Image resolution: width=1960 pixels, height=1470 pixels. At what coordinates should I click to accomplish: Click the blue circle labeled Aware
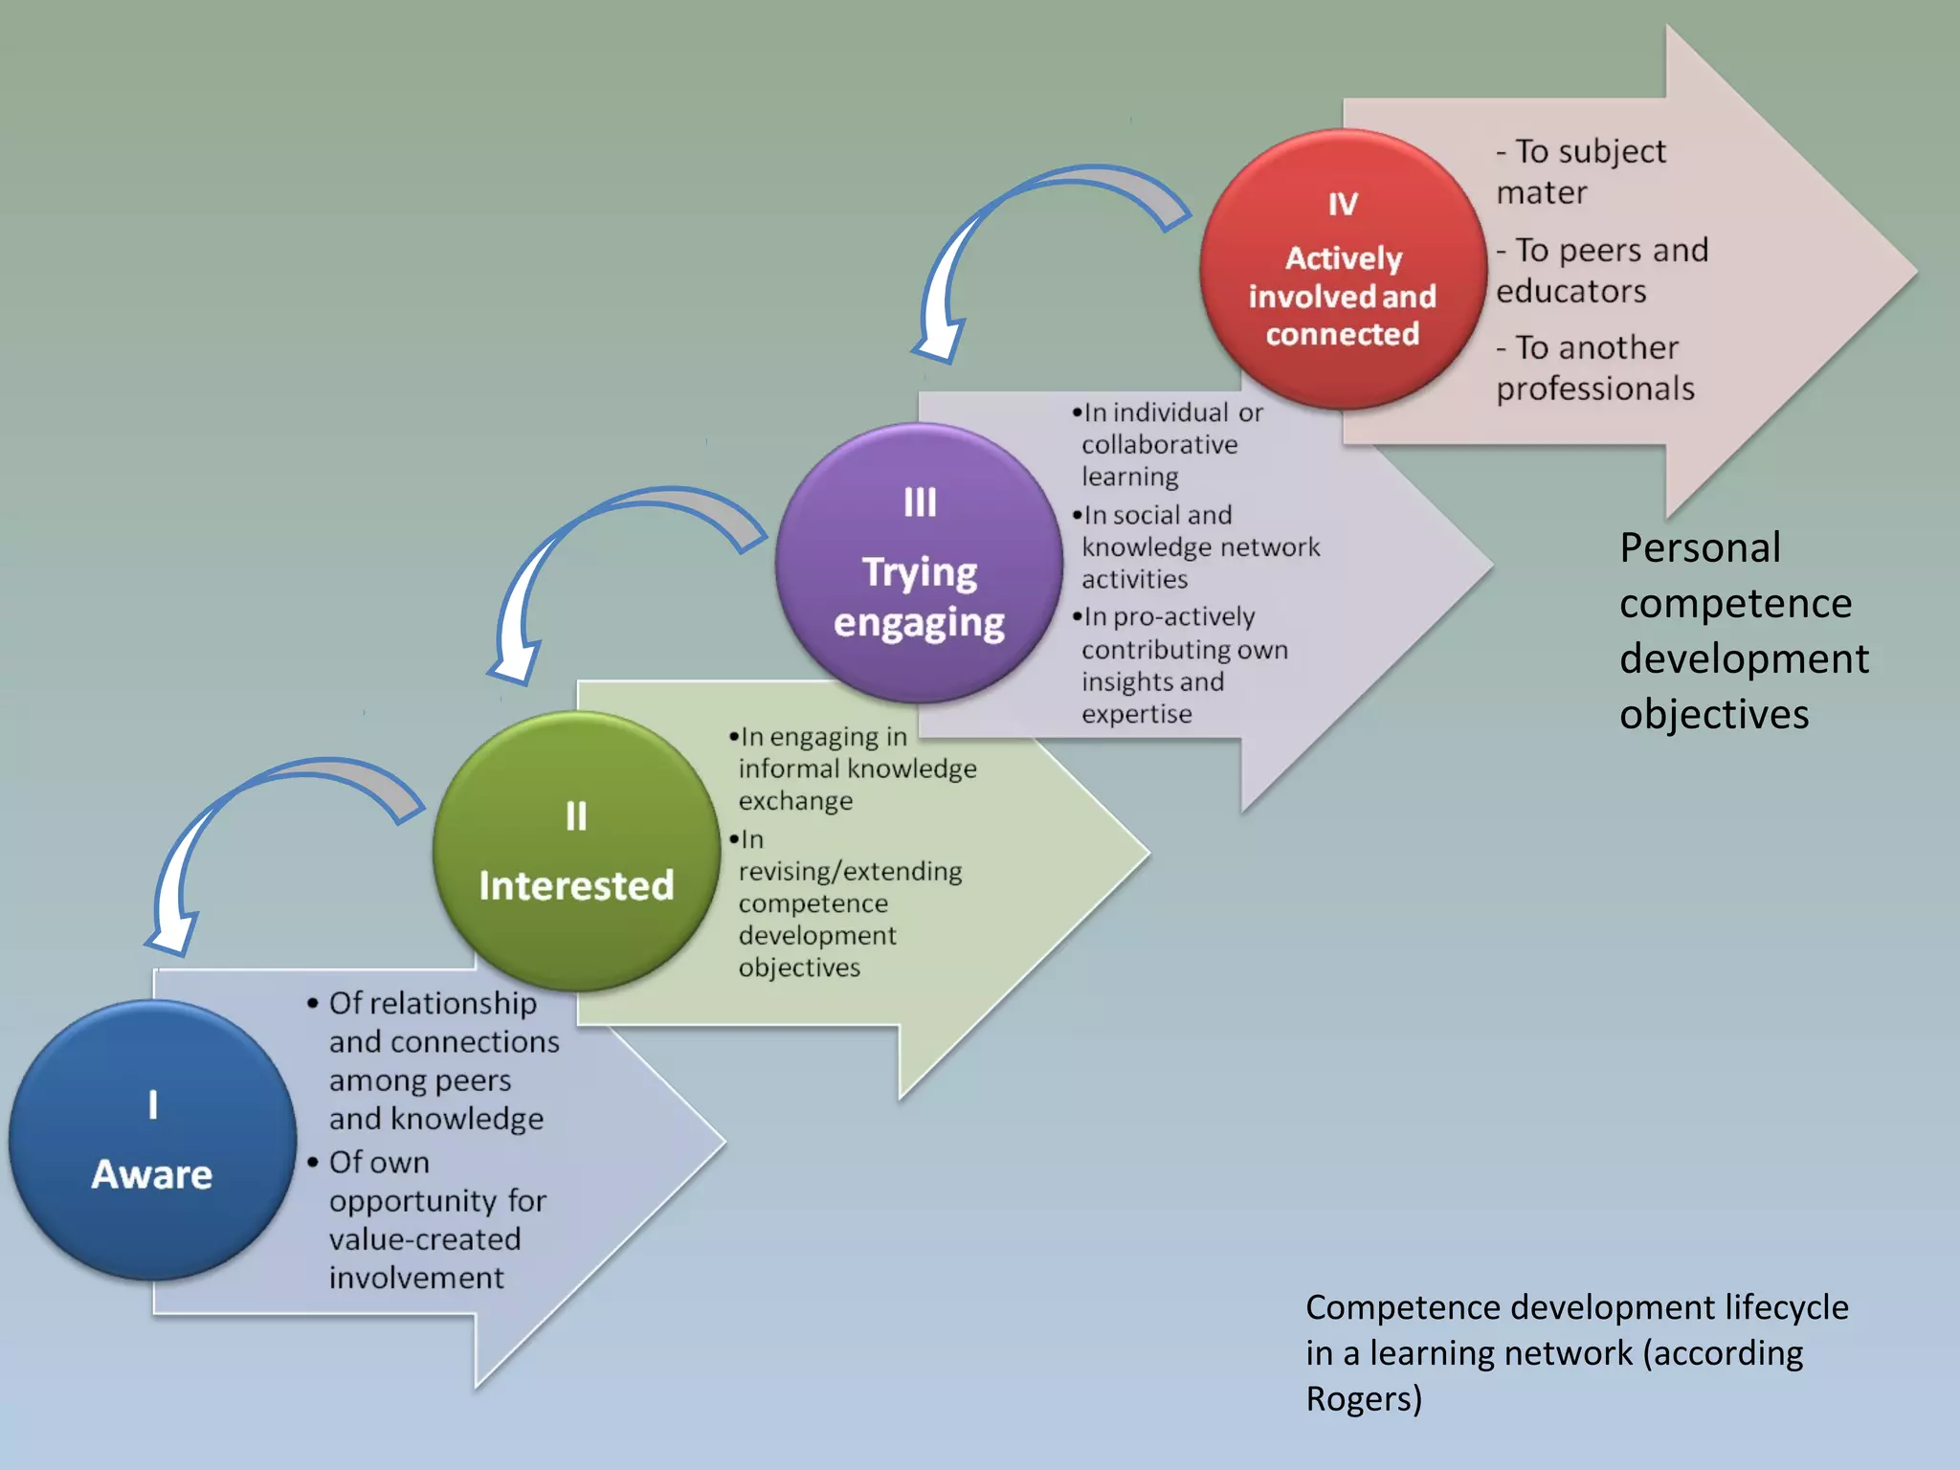152,1139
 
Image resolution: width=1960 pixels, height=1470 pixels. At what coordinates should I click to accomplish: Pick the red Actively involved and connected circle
1342,270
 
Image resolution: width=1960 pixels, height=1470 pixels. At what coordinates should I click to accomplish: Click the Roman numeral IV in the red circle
1343,204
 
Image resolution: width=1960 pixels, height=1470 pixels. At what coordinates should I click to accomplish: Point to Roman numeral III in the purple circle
920,502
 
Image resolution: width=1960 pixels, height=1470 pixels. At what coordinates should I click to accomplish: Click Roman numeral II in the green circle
576,816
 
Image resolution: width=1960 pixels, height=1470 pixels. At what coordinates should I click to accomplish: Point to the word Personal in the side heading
1700,548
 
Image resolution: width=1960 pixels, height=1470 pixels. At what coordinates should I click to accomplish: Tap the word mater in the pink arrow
1541,192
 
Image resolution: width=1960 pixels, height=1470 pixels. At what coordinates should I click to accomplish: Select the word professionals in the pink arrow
1595,389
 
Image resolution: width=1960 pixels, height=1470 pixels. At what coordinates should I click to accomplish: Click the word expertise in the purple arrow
1137,714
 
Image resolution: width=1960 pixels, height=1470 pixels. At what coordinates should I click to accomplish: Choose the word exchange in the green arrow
795,800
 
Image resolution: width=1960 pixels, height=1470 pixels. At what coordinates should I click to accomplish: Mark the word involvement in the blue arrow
416,1278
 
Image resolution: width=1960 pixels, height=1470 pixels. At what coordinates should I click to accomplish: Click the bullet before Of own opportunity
313,1162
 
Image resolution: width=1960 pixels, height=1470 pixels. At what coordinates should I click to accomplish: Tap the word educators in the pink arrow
1570,291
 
